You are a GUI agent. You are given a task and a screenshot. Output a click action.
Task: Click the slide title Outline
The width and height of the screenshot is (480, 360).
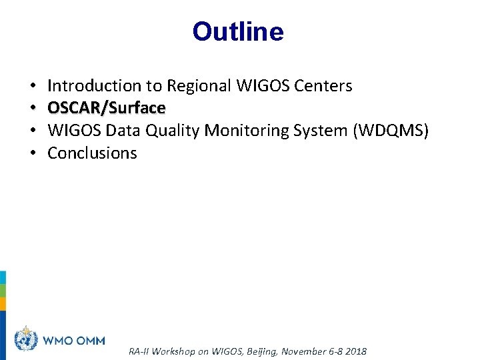[238, 31]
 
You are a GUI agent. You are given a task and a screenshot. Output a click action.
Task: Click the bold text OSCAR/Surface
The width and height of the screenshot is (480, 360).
[107, 108]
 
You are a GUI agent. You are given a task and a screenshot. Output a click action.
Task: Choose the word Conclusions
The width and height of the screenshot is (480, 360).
[92, 153]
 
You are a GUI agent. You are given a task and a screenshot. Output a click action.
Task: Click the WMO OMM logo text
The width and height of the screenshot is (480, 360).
[74, 341]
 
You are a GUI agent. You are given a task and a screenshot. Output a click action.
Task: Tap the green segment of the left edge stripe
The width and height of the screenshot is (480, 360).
[3, 291]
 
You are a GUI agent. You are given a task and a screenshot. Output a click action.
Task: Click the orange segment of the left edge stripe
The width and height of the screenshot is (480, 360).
[3, 304]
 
